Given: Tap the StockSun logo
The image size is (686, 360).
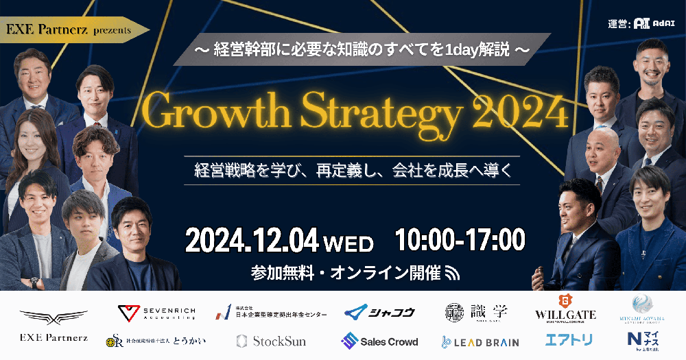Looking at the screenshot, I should [x=271, y=341].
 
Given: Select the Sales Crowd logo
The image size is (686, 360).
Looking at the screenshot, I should [x=379, y=341].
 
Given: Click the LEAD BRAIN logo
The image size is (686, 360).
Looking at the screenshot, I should [x=480, y=341].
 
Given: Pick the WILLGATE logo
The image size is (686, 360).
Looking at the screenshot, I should [x=565, y=309].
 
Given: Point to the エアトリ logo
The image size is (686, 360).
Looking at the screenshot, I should [x=568, y=339].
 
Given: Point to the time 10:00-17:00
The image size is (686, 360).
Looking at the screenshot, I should [x=460, y=240].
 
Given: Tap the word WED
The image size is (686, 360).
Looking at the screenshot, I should [x=348, y=243].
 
